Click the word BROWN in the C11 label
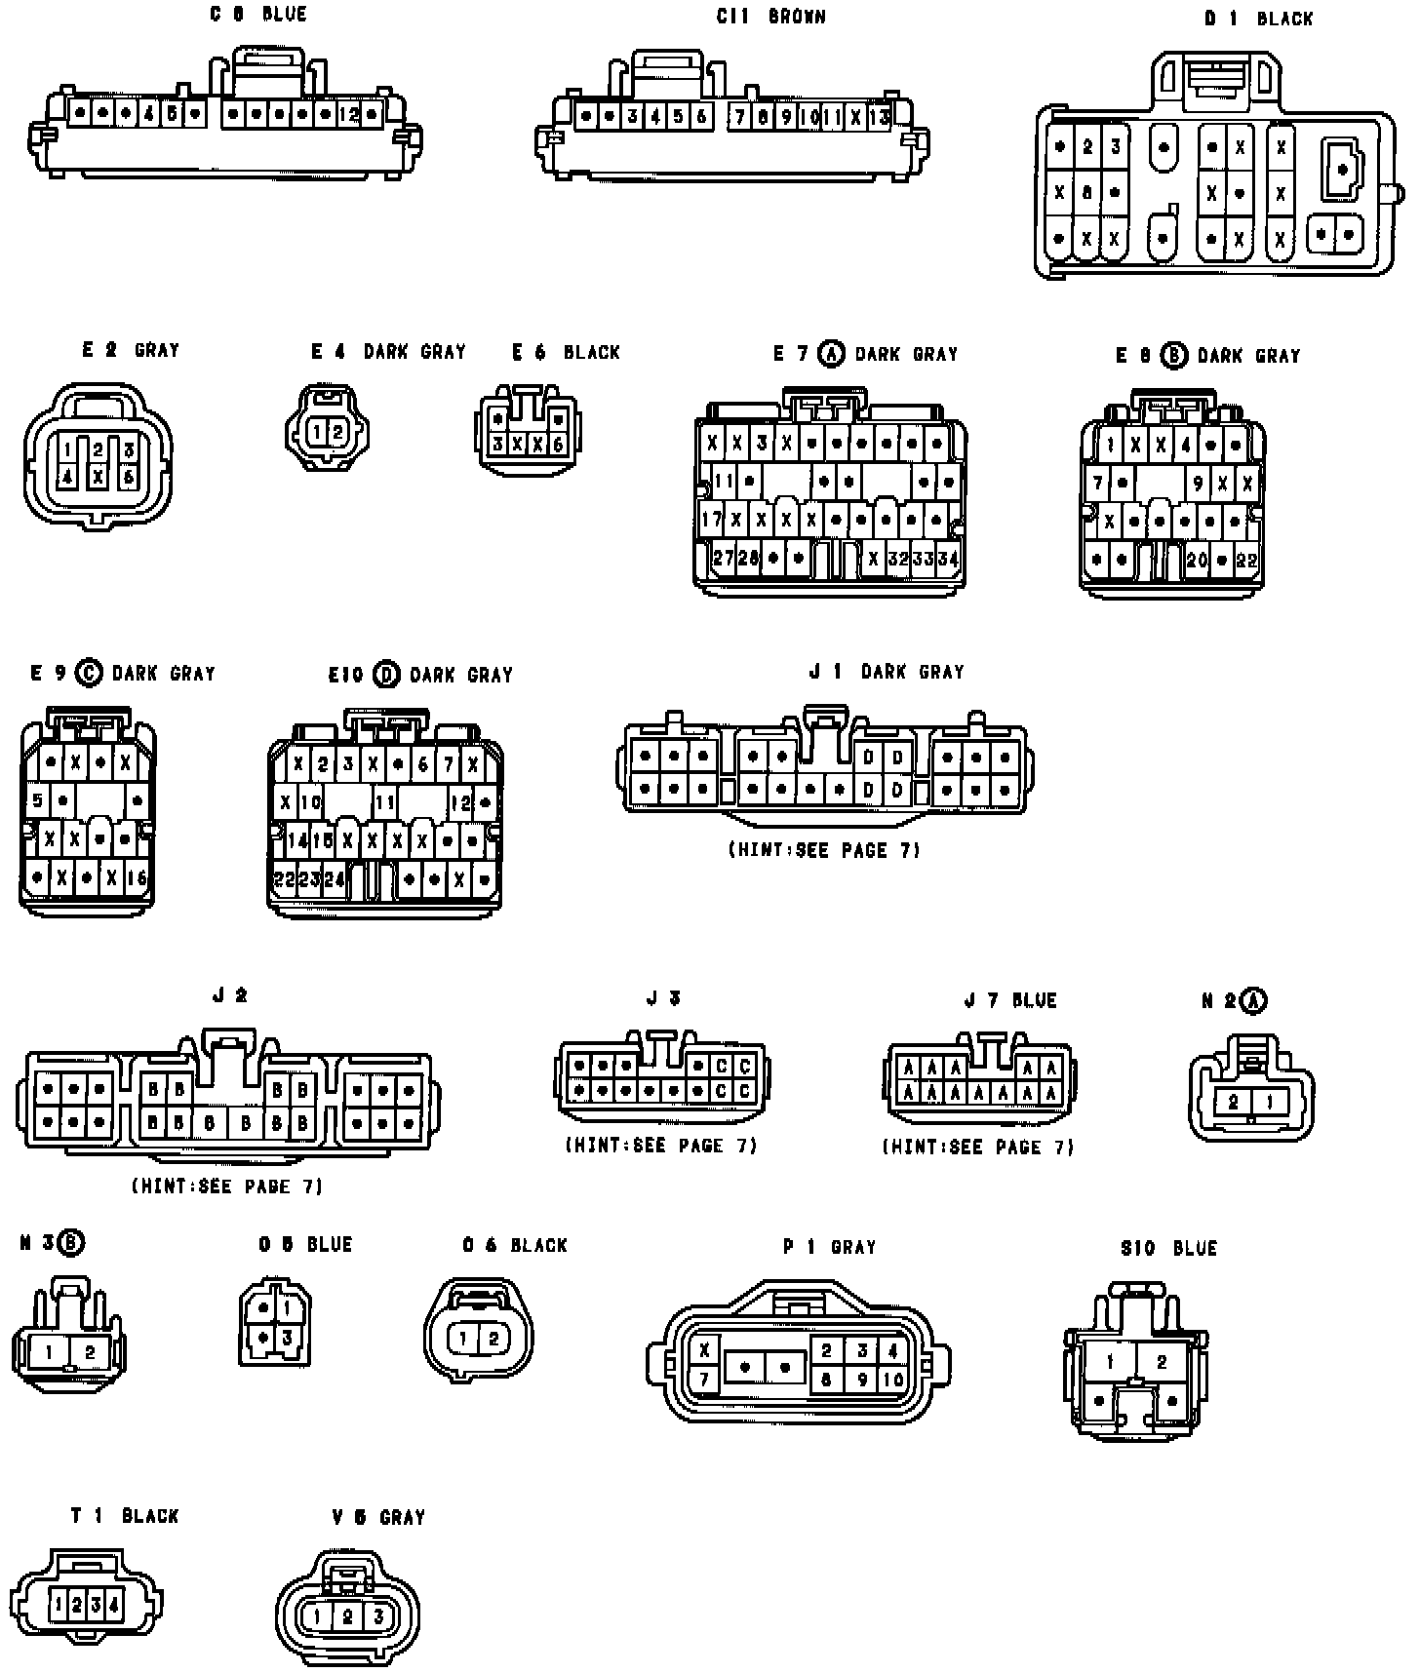(x=797, y=17)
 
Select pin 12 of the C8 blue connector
(x=348, y=114)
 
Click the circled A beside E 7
(x=831, y=354)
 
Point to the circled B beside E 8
(x=1174, y=356)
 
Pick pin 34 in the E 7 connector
(x=947, y=559)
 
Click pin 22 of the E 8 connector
(x=1245, y=560)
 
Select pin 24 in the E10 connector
(x=334, y=878)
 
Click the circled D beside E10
(x=387, y=674)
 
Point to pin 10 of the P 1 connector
(x=893, y=1380)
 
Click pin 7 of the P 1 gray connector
(x=704, y=1380)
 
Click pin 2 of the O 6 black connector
(x=493, y=1339)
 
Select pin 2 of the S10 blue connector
(x=1161, y=1362)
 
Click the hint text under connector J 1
(x=824, y=850)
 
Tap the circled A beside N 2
(x=1254, y=1000)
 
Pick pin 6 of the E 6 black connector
(x=558, y=445)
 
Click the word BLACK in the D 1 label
(x=1284, y=19)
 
